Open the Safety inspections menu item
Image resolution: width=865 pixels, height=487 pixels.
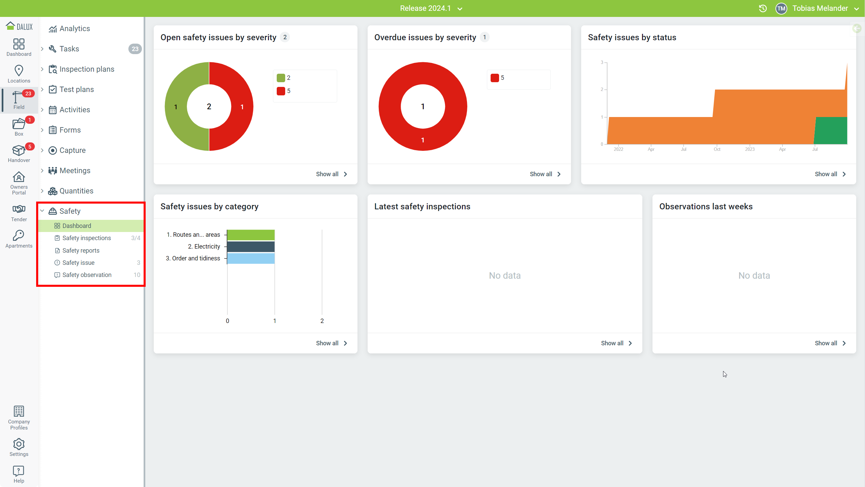click(x=86, y=238)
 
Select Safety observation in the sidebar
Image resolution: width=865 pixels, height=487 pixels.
click(x=87, y=275)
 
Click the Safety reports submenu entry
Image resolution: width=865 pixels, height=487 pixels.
click(x=81, y=251)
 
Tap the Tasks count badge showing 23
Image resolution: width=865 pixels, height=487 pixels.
click(x=135, y=49)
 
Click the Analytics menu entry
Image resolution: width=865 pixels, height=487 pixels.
click(x=75, y=29)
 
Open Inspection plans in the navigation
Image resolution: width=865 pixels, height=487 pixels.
click(x=87, y=69)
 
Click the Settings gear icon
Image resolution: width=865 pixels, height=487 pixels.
click(x=19, y=444)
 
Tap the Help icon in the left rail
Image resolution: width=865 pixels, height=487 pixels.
click(x=19, y=471)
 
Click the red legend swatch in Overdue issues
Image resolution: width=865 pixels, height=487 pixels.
click(x=495, y=78)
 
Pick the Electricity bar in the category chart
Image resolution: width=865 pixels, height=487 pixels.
click(x=251, y=247)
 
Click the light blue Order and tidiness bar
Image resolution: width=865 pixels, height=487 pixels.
click(x=251, y=258)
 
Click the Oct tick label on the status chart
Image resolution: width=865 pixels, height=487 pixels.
click(x=717, y=149)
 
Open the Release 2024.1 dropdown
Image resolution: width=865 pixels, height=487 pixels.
click(x=431, y=8)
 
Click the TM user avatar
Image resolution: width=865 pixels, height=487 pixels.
click(x=781, y=8)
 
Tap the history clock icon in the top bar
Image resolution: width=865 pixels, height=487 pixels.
click(x=763, y=8)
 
